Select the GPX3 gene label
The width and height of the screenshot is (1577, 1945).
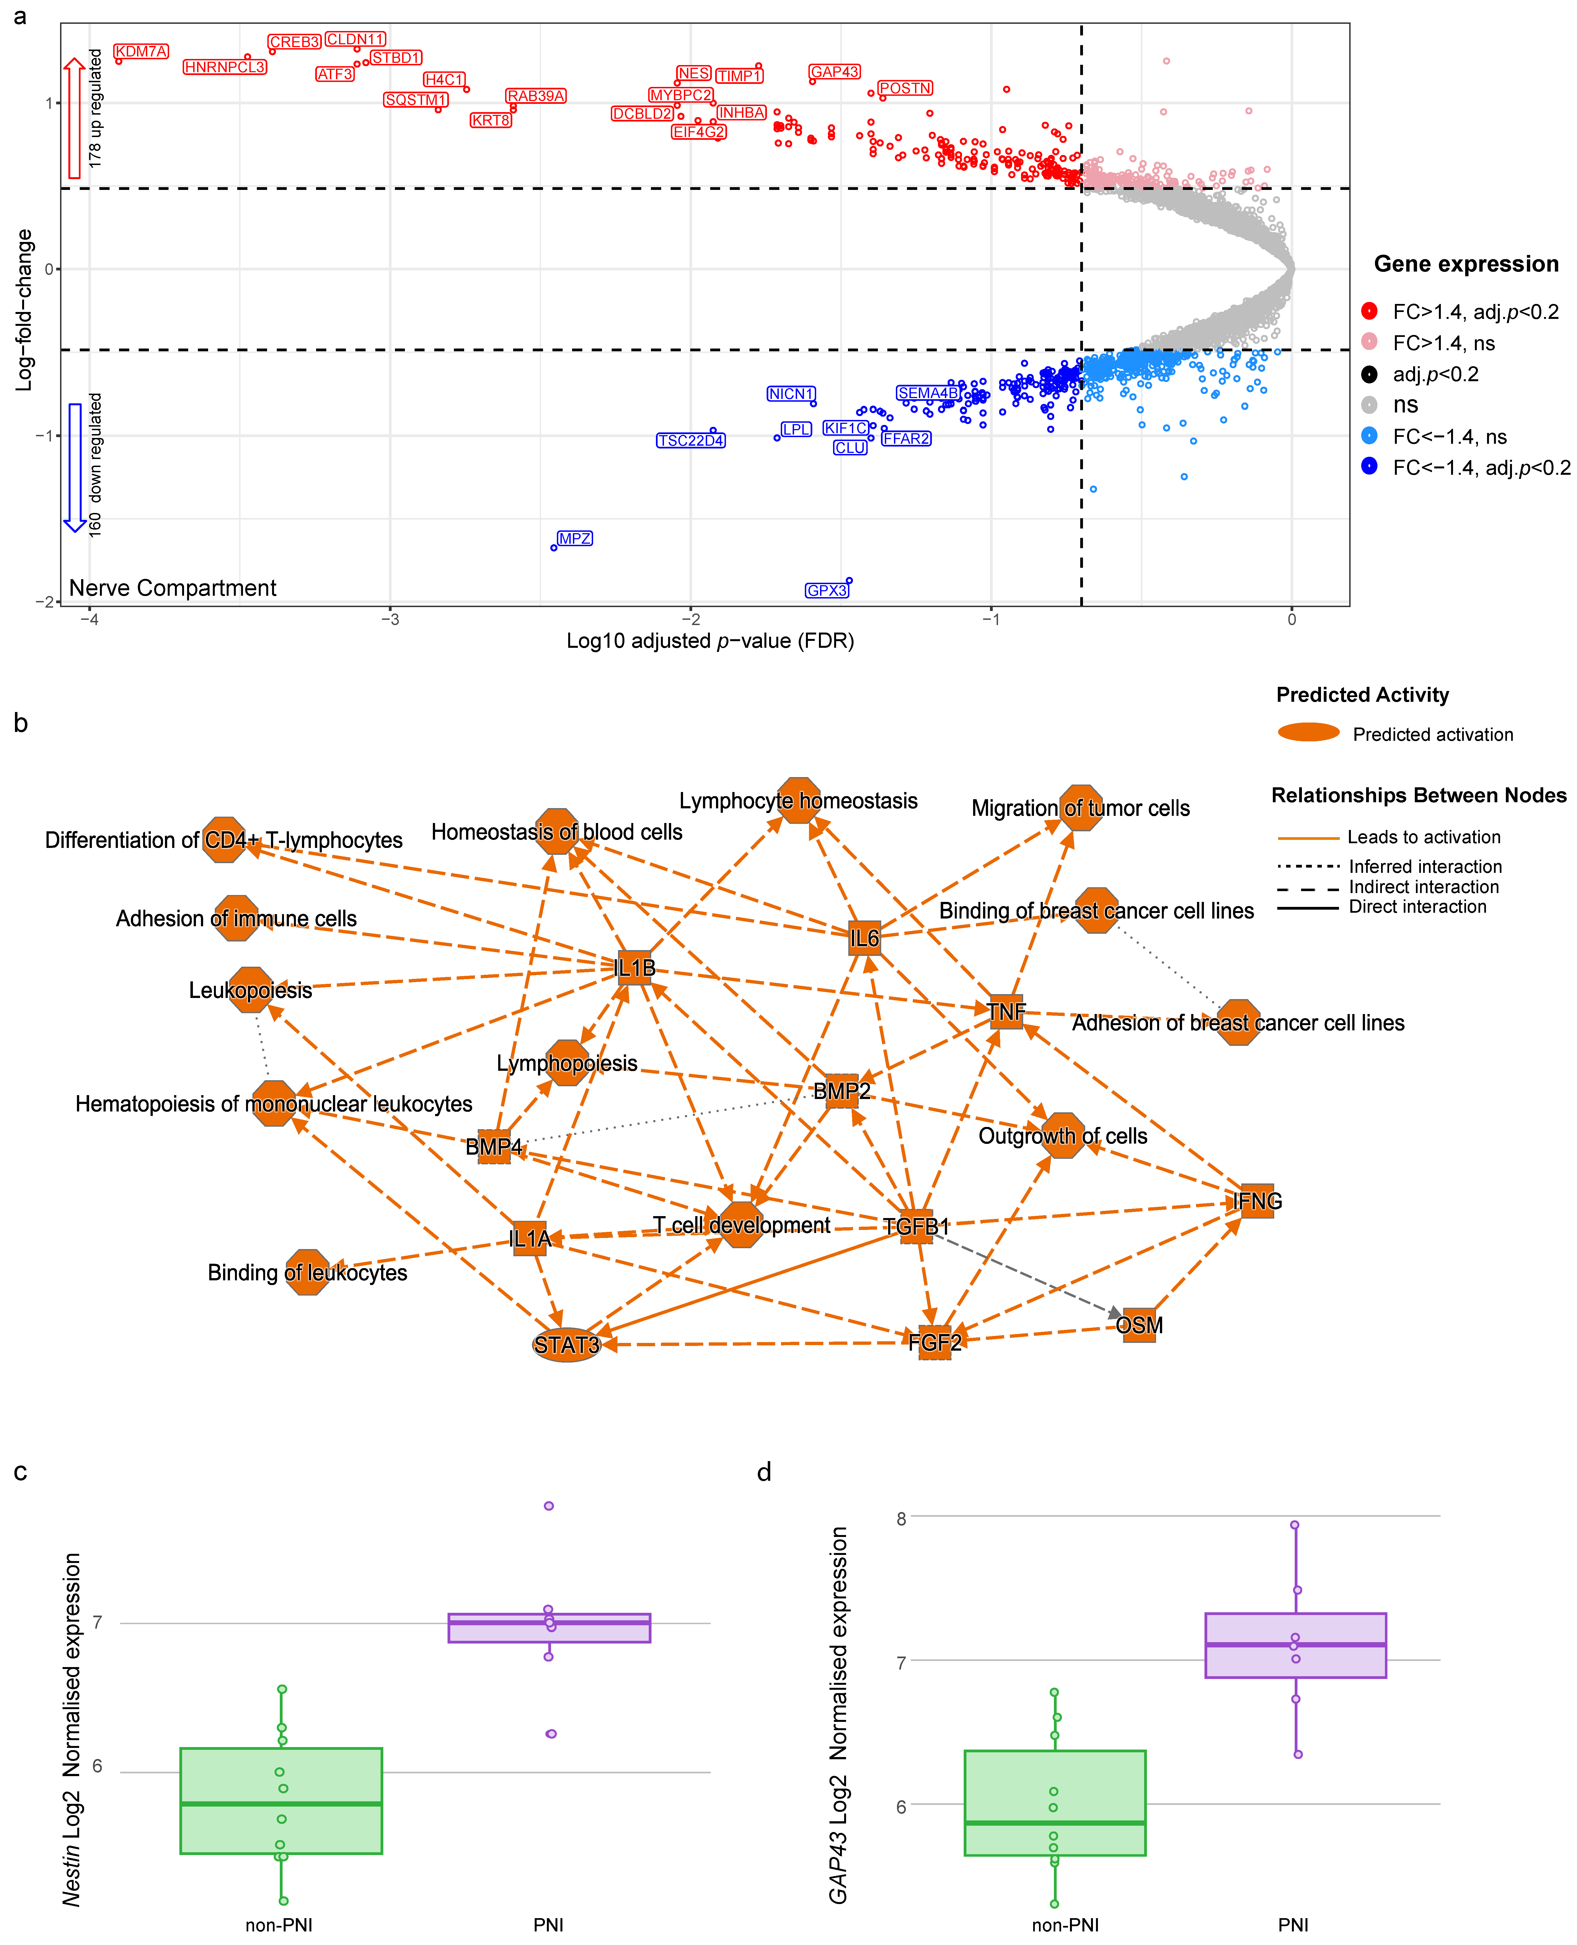(x=827, y=590)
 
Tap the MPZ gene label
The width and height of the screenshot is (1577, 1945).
(x=574, y=539)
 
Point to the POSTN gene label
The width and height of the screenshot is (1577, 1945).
(x=905, y=88)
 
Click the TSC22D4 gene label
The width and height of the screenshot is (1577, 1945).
(x=691, y=441)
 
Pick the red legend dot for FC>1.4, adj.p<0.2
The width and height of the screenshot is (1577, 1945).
(x=1369, y=312)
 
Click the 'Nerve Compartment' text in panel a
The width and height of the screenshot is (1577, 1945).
(x=173, y=588)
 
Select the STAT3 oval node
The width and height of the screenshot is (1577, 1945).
(x=566, y=1345)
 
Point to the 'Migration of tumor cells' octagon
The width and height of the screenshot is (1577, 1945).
(x=1080, y=808)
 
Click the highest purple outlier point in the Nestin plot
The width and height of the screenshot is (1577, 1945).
(x=549, y=1505)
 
